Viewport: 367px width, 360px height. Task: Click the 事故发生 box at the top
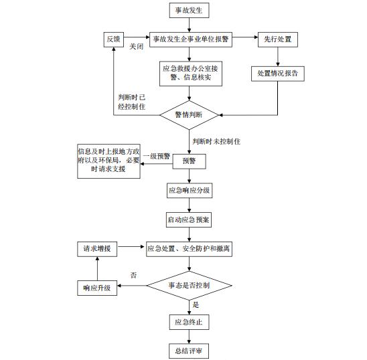point(189,10)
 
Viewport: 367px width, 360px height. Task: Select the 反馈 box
point(114,39)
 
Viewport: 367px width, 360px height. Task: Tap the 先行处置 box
point(278,39)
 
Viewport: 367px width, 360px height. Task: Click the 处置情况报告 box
point(278,74)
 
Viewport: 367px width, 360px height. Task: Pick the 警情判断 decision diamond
point(189,115)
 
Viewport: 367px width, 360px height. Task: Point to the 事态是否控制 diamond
point(189,285)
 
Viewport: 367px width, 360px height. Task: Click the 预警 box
point(189,161)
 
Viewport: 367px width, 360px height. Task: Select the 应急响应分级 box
point(190,191)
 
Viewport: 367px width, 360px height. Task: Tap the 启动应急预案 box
point(189,219)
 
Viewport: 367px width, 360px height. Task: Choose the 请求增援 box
point(97,249)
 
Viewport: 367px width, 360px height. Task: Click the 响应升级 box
point(97,288)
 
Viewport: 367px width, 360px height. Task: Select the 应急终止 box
point(189,322)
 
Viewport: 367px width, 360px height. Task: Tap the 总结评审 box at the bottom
point(189,351)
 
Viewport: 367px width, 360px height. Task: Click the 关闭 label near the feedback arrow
point(137,46)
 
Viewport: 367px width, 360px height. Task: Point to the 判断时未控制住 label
point(216,141)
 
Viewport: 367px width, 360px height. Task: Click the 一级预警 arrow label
point(157,156)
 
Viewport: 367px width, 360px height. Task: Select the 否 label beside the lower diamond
point(133,275)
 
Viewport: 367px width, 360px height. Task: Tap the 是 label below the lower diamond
point(196,304)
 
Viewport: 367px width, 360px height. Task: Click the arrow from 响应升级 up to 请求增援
point(97,269)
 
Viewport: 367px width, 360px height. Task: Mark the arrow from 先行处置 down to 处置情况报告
point(278,57)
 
